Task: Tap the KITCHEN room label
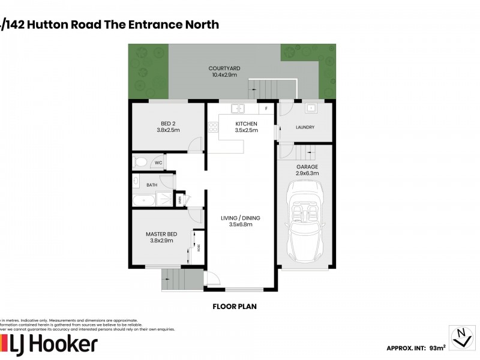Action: coord(246,123)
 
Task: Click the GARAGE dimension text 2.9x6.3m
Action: coord(307,173)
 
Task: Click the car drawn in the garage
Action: coord(307,222)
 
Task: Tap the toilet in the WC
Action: coord(140,162)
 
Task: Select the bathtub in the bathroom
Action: coord(143,200)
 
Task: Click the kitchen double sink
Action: coord(238,109)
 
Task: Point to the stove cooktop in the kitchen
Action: coord(212,127)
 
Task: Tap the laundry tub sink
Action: coord(311,109)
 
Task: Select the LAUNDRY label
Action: coord(305,127)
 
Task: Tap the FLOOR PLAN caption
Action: coord(235,306)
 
